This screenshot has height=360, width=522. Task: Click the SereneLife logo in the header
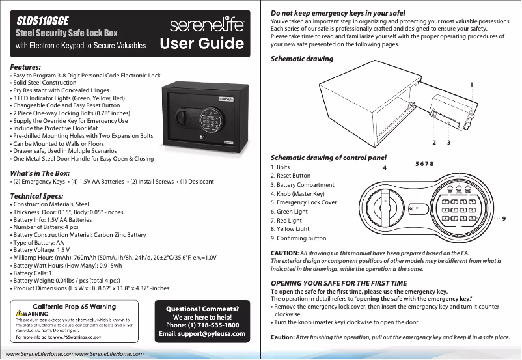point(208,27)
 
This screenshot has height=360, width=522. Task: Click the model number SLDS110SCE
point(43,20)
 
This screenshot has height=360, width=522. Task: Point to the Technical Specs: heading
point(36,195)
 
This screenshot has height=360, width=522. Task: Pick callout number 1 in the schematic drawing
point(471,84)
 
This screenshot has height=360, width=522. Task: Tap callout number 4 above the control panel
point(384,167)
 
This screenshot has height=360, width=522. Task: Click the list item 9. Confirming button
point(298,238)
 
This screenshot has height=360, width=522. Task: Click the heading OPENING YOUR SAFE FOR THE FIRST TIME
point(338,283)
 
